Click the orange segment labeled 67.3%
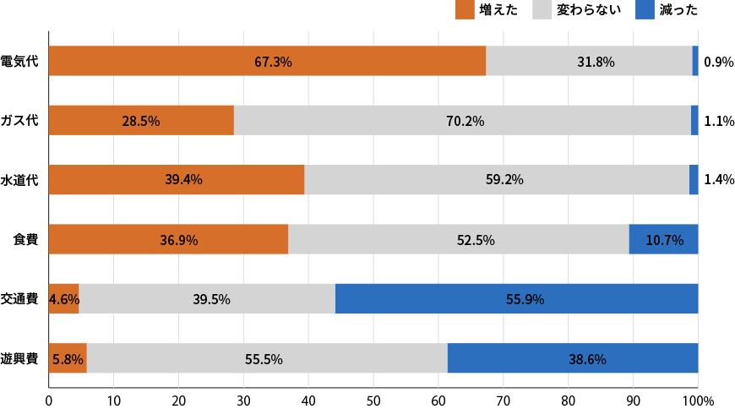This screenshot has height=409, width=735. click(267, 61)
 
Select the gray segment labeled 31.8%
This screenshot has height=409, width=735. click(589, 61)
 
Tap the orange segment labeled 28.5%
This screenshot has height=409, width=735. click(141, 120)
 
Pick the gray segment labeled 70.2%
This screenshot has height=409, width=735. click(462, 120)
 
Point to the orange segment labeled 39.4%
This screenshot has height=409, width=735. click(177, 180)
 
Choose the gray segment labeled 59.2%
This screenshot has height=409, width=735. click(497, 180)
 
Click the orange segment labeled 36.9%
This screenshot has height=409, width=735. click(168, 239)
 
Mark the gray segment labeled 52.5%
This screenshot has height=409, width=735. click(459, 239)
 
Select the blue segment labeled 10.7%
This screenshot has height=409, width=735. click(663, 239)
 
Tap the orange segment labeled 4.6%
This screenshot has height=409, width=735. click(63, 298)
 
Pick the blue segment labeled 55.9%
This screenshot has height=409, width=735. click(516, 298)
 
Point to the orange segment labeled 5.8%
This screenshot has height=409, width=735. click(68, 358)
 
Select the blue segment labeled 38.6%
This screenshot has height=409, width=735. click(573, 358)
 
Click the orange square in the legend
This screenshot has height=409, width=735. click(465, 9)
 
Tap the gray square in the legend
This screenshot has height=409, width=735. click(542, 9)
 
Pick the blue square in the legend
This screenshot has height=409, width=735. click(645, 9)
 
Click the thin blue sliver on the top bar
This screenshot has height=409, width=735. click(695, 61)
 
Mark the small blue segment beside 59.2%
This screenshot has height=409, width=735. click(694, 180)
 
